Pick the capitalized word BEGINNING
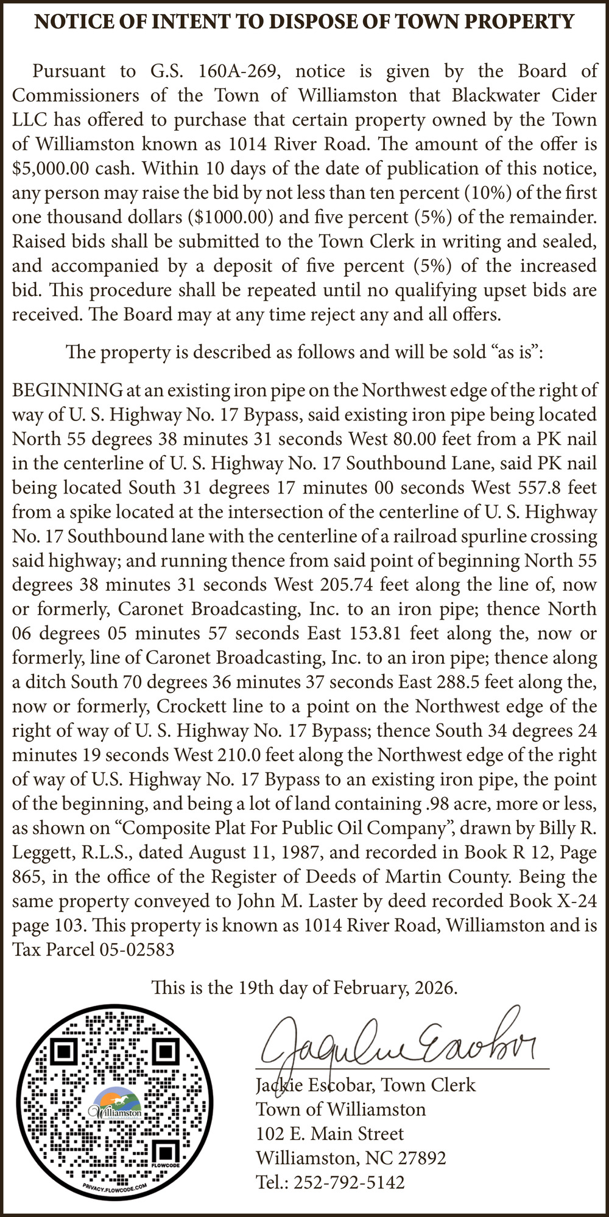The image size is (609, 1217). click(x=68, y=390)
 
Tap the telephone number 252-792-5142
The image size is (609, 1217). click(x=349, y=1182)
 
